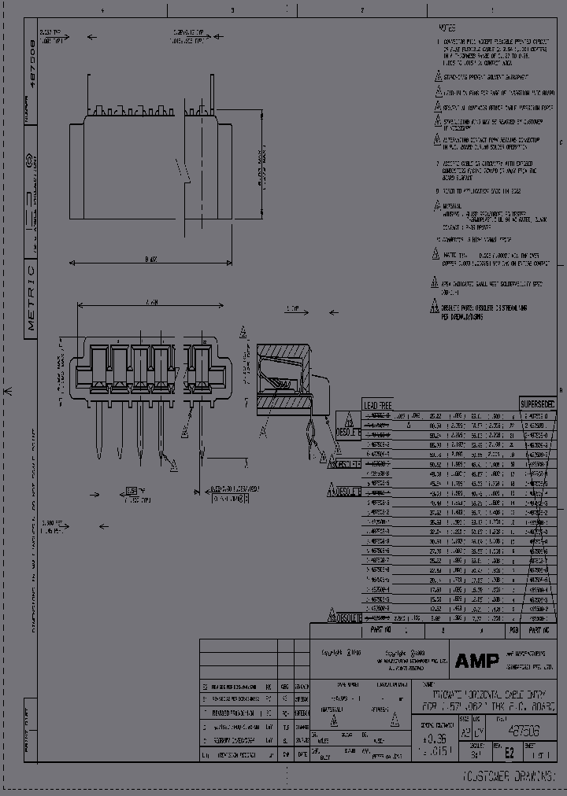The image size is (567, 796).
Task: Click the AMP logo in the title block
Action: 476,661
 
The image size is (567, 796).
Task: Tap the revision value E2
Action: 509,752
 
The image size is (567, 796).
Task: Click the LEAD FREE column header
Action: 377,404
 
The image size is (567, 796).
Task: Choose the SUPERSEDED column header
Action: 538,404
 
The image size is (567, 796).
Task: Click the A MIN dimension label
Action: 152,302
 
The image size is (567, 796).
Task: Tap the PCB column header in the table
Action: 513,630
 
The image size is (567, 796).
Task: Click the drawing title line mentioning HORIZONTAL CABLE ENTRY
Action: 484,697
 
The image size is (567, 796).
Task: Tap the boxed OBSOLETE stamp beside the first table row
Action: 348,432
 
